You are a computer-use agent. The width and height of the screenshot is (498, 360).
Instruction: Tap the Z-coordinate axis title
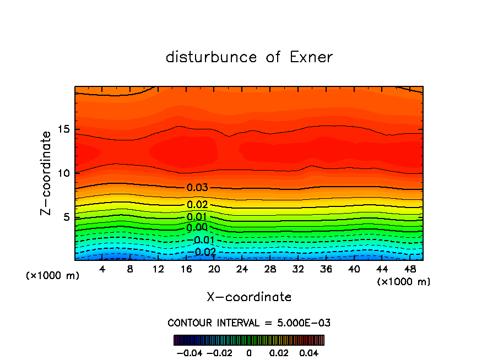click(47, 172)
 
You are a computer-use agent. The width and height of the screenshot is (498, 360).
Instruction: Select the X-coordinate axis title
click(249, 297)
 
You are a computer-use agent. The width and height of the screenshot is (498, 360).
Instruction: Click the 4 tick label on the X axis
click(102, 269)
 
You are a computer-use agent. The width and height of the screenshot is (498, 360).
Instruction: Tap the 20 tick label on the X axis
click(214, 269)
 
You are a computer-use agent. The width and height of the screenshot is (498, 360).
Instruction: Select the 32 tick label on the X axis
click(298, 269)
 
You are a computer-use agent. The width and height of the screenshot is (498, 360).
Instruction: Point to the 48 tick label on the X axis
click(410, 269)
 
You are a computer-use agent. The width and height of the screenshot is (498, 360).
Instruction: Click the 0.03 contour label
click(197, 188)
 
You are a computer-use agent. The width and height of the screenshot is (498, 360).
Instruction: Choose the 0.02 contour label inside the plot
click(197, 205)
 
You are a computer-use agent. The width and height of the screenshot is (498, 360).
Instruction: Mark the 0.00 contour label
click(197, 227)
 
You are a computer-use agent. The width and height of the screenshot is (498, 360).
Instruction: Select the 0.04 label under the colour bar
click(309, 352)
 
